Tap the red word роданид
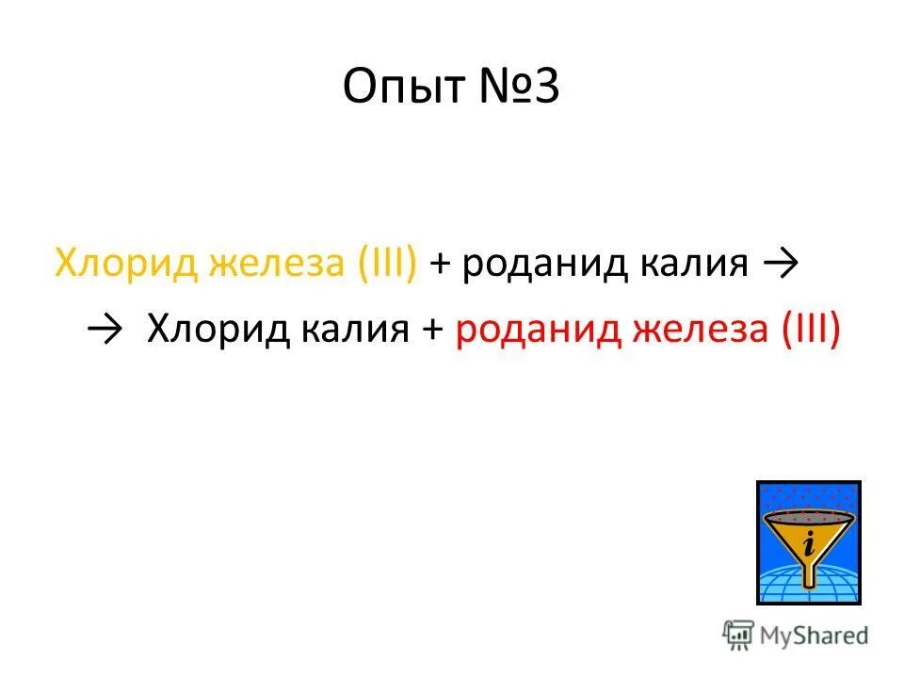coord(537,329)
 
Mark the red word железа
coord(697,329)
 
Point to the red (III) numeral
coord(810,329)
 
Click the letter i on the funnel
coord(808,544)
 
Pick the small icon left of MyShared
coord(736,635)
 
